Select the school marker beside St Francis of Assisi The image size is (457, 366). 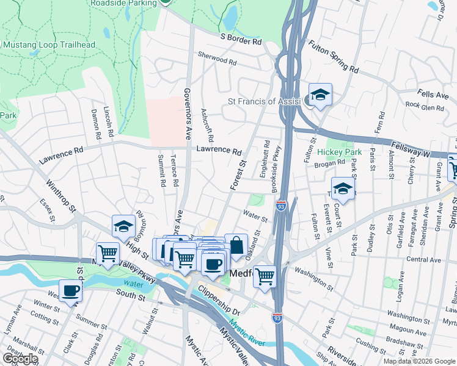[x=320, y=95]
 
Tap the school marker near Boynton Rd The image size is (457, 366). [x=123, y=227]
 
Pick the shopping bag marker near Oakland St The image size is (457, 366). [x=236, y=246]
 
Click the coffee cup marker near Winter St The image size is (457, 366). [x=70, y=291]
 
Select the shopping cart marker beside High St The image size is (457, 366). [x=108, y=253]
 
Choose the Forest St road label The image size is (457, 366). [x=236, y=174]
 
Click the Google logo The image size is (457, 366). [x=20, y=358]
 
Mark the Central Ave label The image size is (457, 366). [x=423, y=260]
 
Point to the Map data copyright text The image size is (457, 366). [x=419, y=361]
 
